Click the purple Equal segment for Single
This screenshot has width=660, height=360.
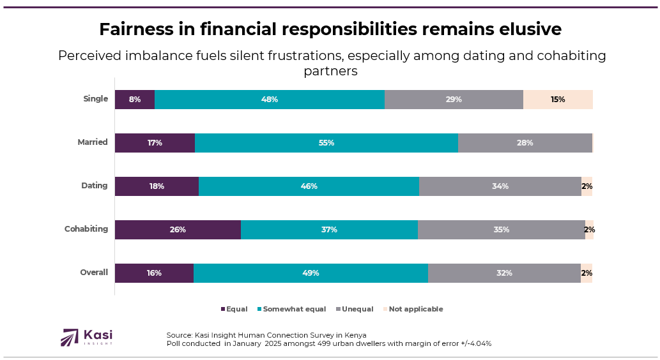point(135,100)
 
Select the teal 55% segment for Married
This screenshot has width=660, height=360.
point(326,143)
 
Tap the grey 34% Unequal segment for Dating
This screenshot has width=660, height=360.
point(500,186)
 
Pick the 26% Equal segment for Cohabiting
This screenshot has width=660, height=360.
point(178,230)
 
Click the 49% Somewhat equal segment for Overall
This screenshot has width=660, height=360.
point(311,273)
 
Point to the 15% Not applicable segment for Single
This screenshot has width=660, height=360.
point(558,100)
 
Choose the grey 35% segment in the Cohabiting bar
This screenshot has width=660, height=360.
point(502,230)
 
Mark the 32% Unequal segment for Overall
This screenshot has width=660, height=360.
point(504,273)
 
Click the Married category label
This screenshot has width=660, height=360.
point(93,142)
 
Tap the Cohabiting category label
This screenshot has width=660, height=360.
point(86,229)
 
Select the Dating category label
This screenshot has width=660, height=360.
point(94,186)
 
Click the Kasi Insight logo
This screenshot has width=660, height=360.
point(86,337)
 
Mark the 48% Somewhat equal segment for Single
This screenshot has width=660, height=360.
point(270,100)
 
